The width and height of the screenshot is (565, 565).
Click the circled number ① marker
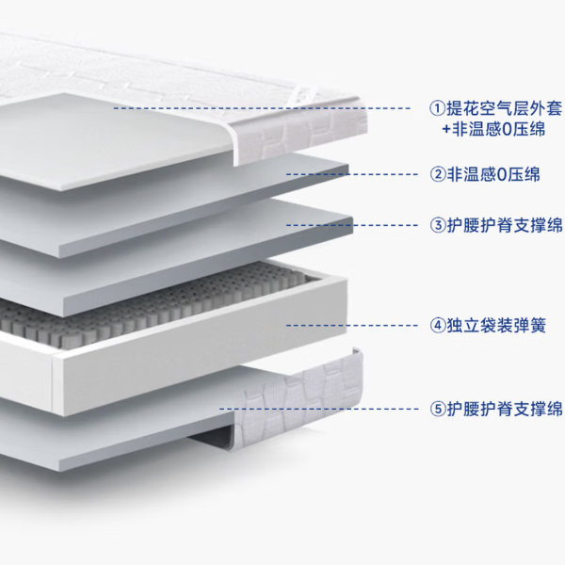(438, 108)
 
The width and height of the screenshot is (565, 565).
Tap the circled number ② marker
(438, 174)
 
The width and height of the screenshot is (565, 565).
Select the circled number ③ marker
(438, 225)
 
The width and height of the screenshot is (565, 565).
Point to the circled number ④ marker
(438, 326)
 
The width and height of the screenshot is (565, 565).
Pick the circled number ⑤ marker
(438, 409)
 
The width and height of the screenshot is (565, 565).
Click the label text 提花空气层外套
(505, 108)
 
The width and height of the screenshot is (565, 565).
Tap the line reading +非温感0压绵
(493, 129)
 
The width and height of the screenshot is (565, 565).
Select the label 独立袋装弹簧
(496, 326)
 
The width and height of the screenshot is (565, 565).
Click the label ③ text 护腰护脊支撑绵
(505, 225)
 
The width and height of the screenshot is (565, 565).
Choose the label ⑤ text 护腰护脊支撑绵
(505, 409)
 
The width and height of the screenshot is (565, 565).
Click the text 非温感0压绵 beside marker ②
(493, 174)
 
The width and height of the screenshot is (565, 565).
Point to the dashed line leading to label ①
(262, 108)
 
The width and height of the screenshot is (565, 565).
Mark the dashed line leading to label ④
(352, 326)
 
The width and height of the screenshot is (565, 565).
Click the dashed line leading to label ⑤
(319, 409)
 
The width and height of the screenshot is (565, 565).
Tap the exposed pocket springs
(152, 306)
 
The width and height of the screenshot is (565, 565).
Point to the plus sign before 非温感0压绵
(446, 130)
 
